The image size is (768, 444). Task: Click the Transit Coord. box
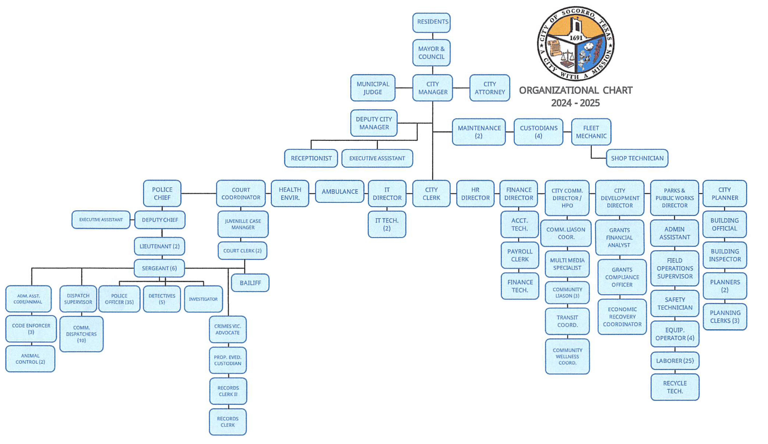(567, 321)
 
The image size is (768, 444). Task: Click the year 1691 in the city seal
(576, 38)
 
